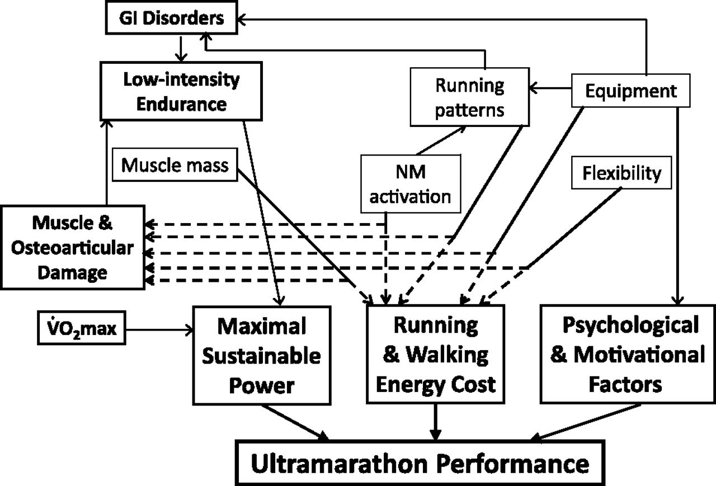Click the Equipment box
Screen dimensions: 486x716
(630, 91)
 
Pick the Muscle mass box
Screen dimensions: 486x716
(175, 165)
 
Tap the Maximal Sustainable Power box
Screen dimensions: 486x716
(261, 355)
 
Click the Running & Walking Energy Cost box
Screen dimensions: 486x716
(435, 355)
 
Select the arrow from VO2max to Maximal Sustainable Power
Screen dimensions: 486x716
(159, 329)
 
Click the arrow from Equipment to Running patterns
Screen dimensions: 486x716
(550, 88)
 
